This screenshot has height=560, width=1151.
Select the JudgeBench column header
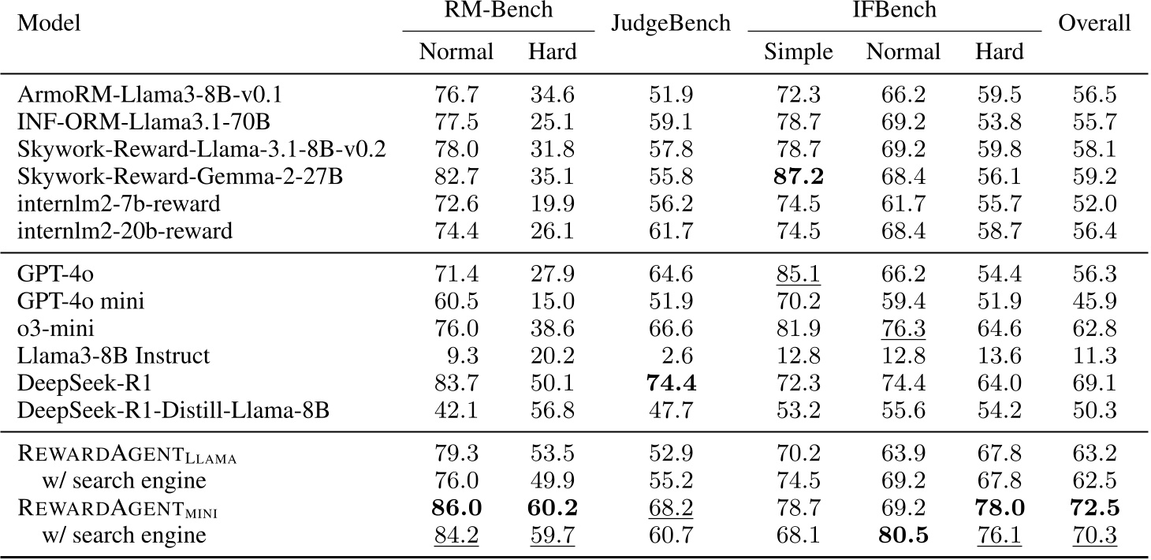point(671,23)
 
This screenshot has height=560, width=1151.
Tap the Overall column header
point(1094,23)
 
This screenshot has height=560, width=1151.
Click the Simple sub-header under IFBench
point(798,53)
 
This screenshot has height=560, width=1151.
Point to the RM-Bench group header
point(497,12)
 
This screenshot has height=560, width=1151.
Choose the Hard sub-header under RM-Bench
point(552,53)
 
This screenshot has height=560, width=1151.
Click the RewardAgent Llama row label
point(127,454)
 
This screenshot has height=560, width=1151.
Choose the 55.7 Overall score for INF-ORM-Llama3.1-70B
point(1094,123)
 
